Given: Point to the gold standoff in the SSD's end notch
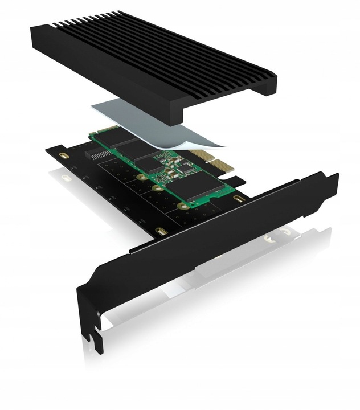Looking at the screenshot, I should coord(182,204).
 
